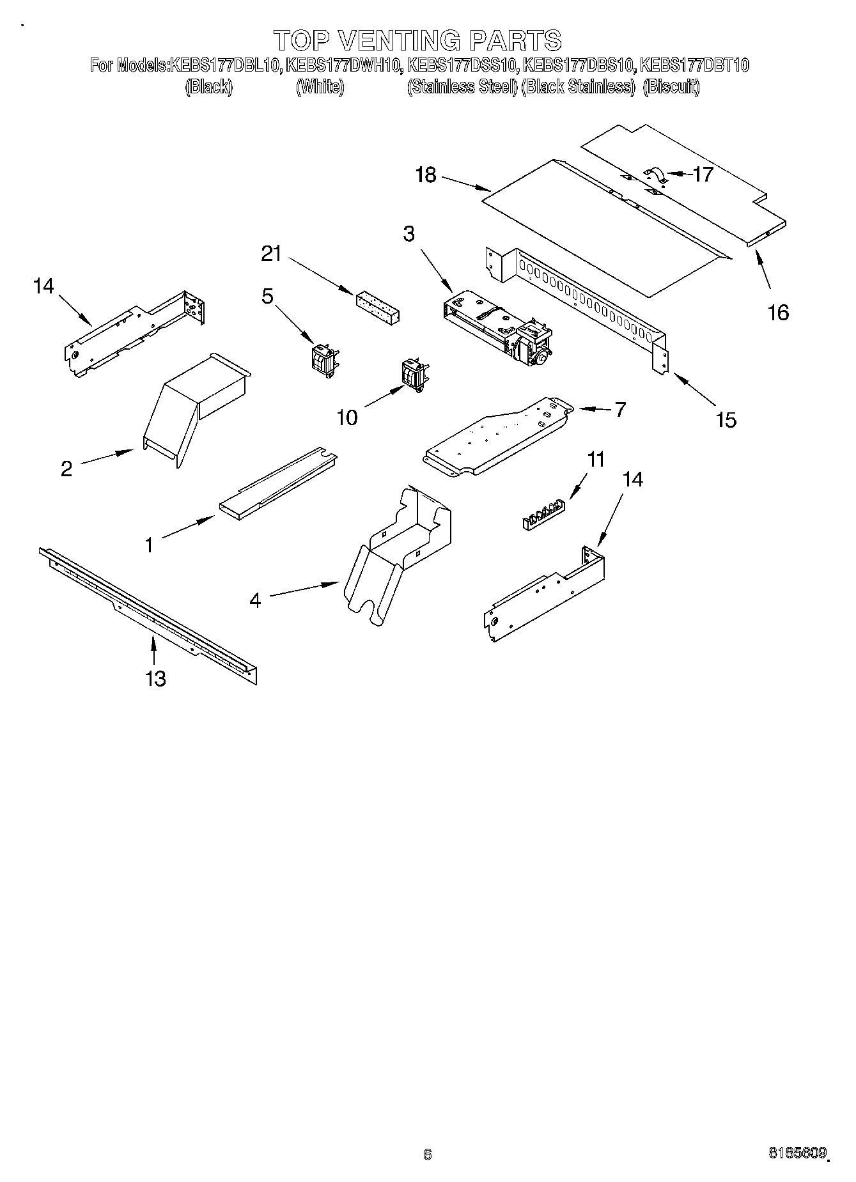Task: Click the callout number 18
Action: pos(426,175)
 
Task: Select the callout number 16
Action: pos(778,313)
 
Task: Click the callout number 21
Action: pos(271,254)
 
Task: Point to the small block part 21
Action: pos(378,307)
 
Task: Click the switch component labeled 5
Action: pos(323,362)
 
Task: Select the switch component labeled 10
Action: pos(413,377)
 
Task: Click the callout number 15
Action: pos(726,420)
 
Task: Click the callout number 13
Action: pos(156,678)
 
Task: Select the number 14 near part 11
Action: pos(632,479)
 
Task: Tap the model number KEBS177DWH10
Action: pos(343,65)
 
